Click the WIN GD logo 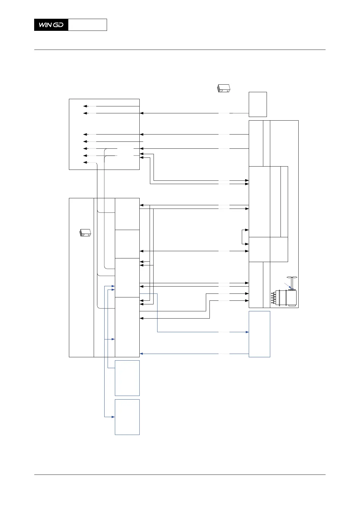51,25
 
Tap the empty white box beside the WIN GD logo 87,25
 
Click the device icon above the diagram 224,88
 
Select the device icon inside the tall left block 85,233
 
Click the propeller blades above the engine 292,277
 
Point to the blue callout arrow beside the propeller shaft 288,285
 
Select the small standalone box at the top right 258,104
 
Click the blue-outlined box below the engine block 259,334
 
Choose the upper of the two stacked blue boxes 127,378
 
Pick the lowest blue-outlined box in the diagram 127,417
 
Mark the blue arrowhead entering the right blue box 247,332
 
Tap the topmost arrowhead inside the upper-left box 85,106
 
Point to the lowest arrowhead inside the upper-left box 85,163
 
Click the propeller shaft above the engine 292,283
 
